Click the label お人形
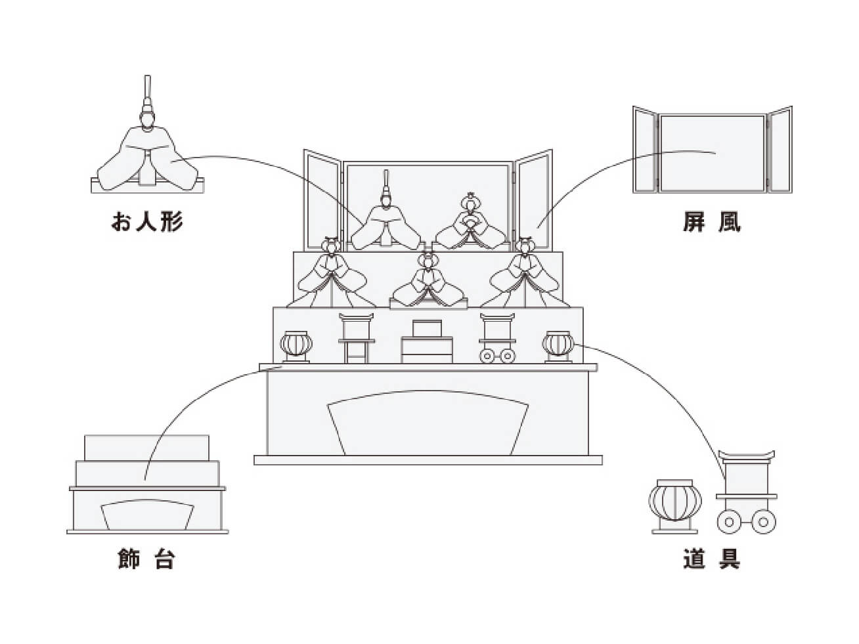(146, 222)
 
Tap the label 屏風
(711, 222)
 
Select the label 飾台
(146, 559)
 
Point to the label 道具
(711, 559)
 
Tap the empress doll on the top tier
(470, 225)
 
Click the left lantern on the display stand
(297, 345)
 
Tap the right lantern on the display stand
(558, 345)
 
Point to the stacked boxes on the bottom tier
(427, 342)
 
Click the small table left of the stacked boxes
(357, 338)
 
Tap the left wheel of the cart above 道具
(730, 523)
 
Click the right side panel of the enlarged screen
(780, 150)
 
